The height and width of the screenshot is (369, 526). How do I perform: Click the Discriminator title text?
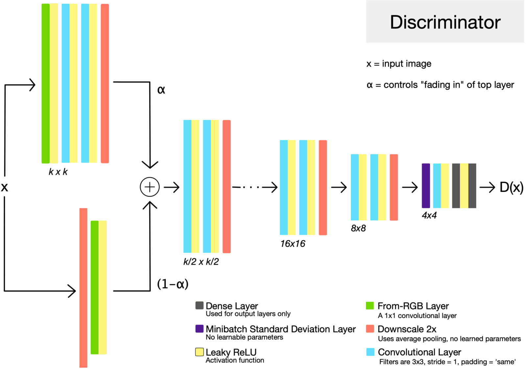pyautogui.click(x=445, y=22)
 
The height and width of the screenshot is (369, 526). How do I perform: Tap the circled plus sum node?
pyautogui.click(x=150, y=187)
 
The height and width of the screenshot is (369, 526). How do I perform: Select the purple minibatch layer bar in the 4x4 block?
pyautogui.click(x=426, y=185)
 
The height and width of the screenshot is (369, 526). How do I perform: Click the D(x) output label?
pyautogui.click(x=511, y=187)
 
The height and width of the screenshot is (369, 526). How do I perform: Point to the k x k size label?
pyautogui.click(x=58, y=172)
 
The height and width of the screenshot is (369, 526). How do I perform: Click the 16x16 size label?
pyautogui.click(x=293, y=244)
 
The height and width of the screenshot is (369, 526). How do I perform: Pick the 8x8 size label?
pyautogui.click(x=358, y=228)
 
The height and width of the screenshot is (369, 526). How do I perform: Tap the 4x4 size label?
pyautogui.click(x=429, y=215)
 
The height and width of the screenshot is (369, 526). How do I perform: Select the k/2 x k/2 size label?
pyautogui.click(x=201, y=262)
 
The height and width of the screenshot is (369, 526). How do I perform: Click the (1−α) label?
pyautogui.click(x=173, y=284)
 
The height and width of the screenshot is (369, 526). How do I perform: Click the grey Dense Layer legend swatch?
pyautogui.click(x=199, y=306)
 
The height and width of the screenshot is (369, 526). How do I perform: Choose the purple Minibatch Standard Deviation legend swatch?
pyautogui.click(x=199, y=329)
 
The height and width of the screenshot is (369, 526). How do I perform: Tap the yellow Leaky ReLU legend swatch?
pyautogui.click(x=199, y=352)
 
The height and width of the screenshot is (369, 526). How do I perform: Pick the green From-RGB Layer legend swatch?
pyautogui.click(x=370, y=306)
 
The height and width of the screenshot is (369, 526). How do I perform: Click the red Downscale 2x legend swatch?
pyautogui.click(x=370, y=329)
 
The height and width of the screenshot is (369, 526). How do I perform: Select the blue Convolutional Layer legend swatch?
pyautogui.click(x=370, y=352)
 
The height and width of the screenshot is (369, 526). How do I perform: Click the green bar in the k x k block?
pyautogui.click(x=46, y=83)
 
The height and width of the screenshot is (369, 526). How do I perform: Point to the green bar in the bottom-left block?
pyautogui.click(x=95, y=287)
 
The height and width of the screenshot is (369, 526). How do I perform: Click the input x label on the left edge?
pyautogui.click(x=4, y=187)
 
